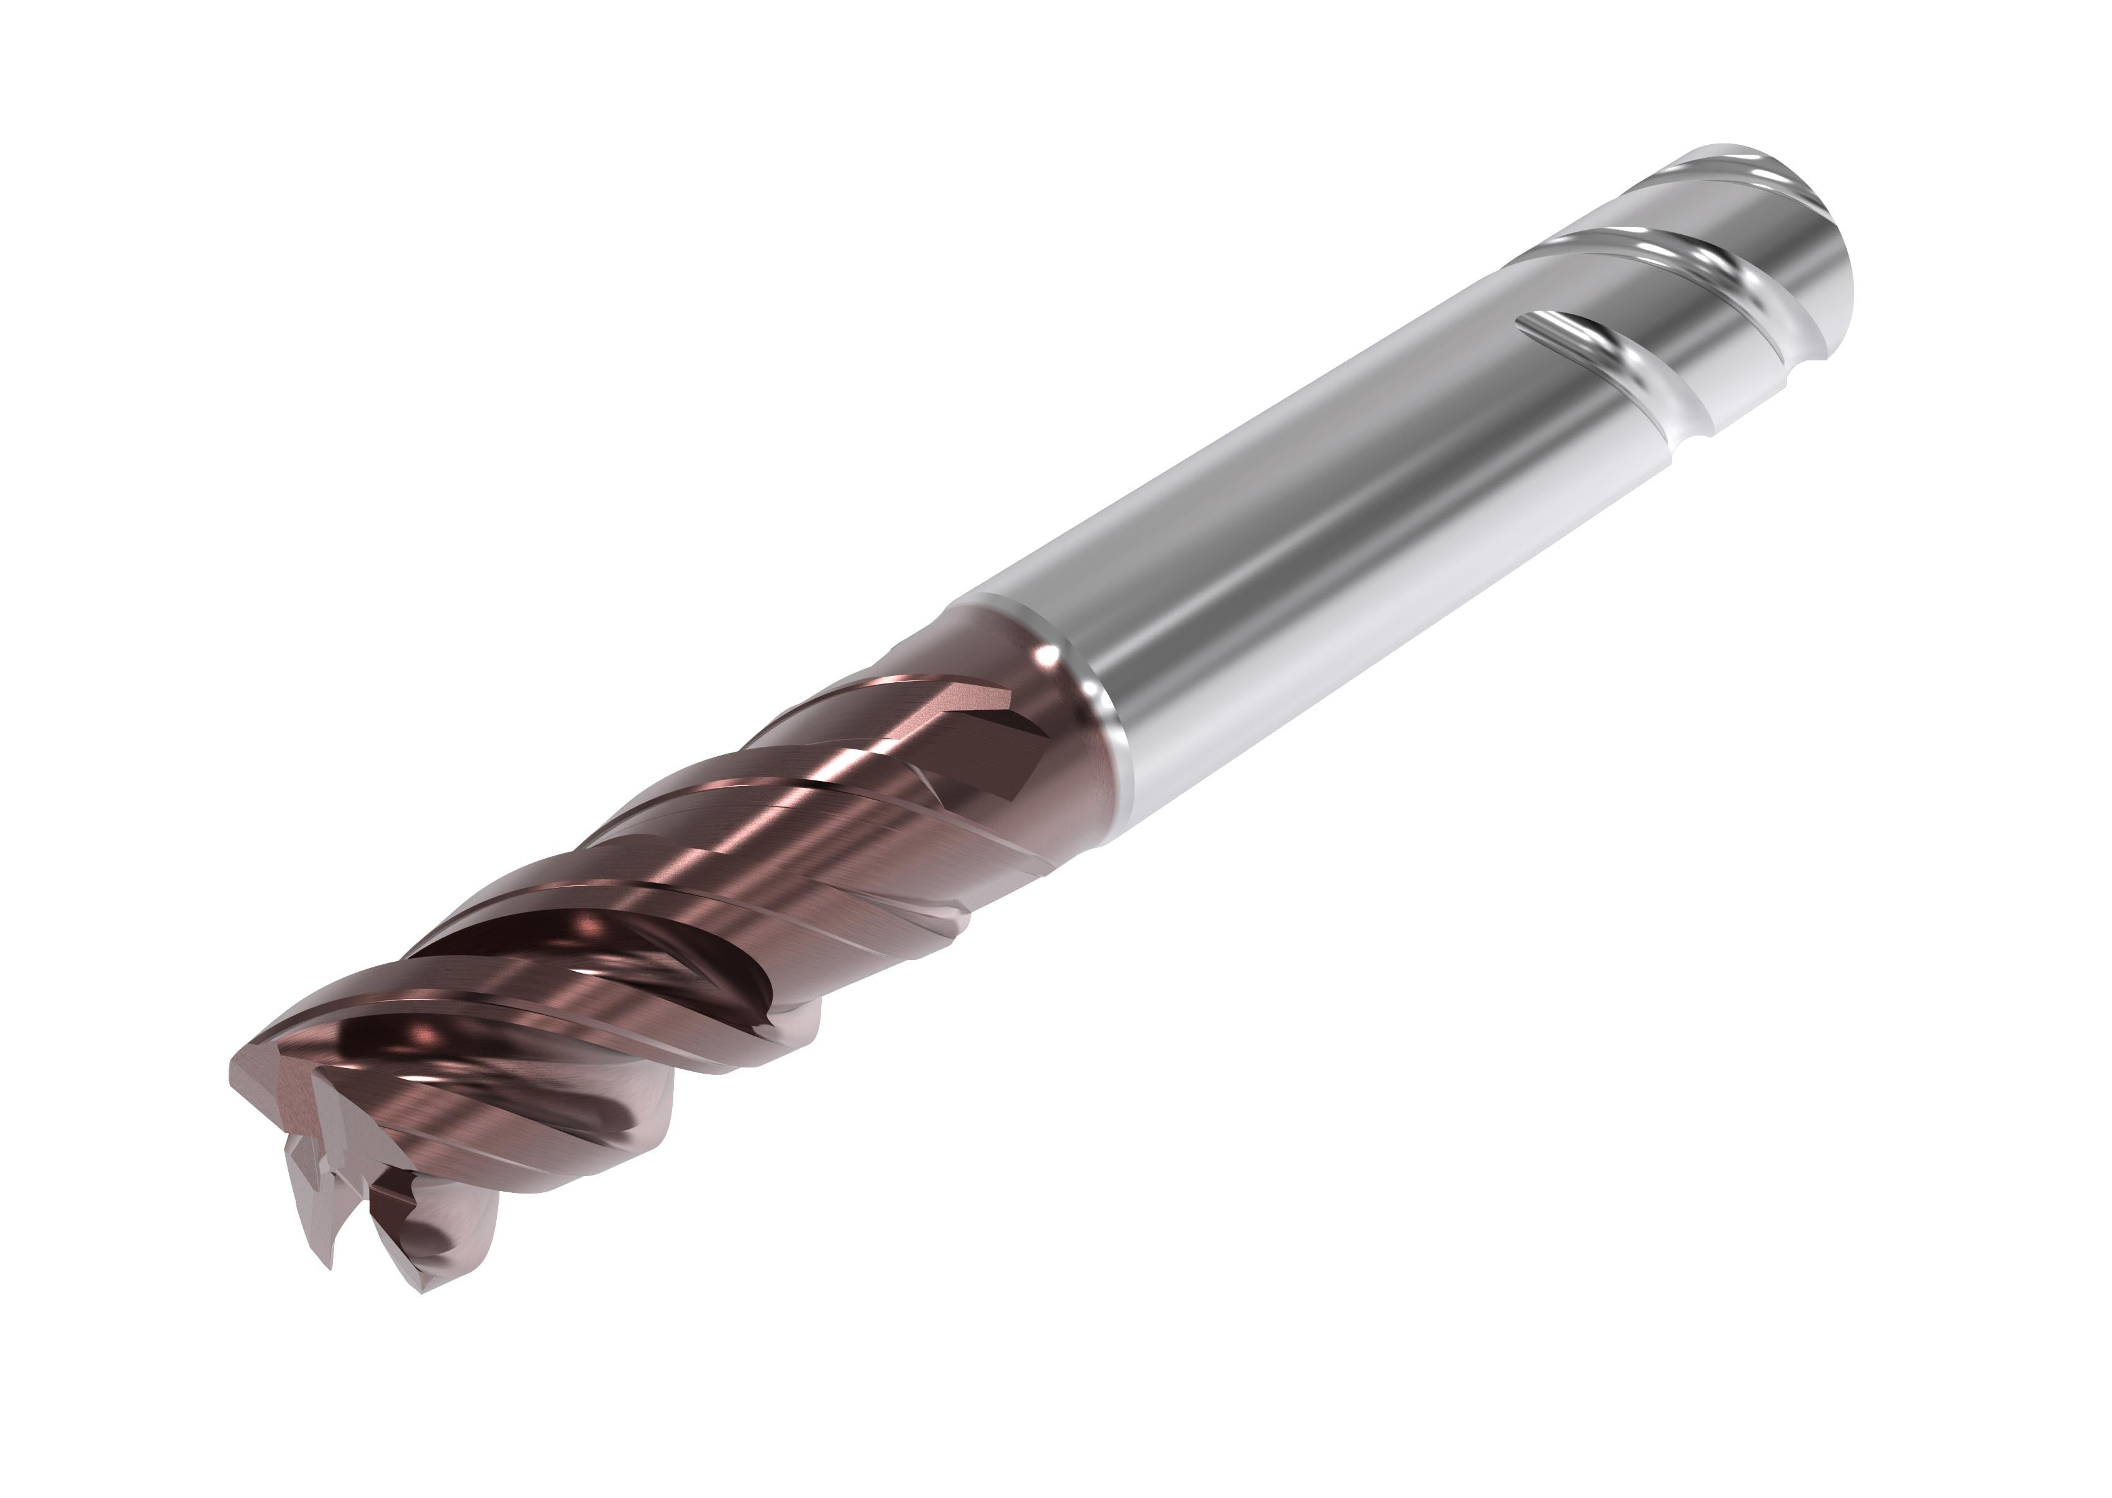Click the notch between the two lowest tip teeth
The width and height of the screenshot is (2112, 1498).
pos(369,1227)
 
